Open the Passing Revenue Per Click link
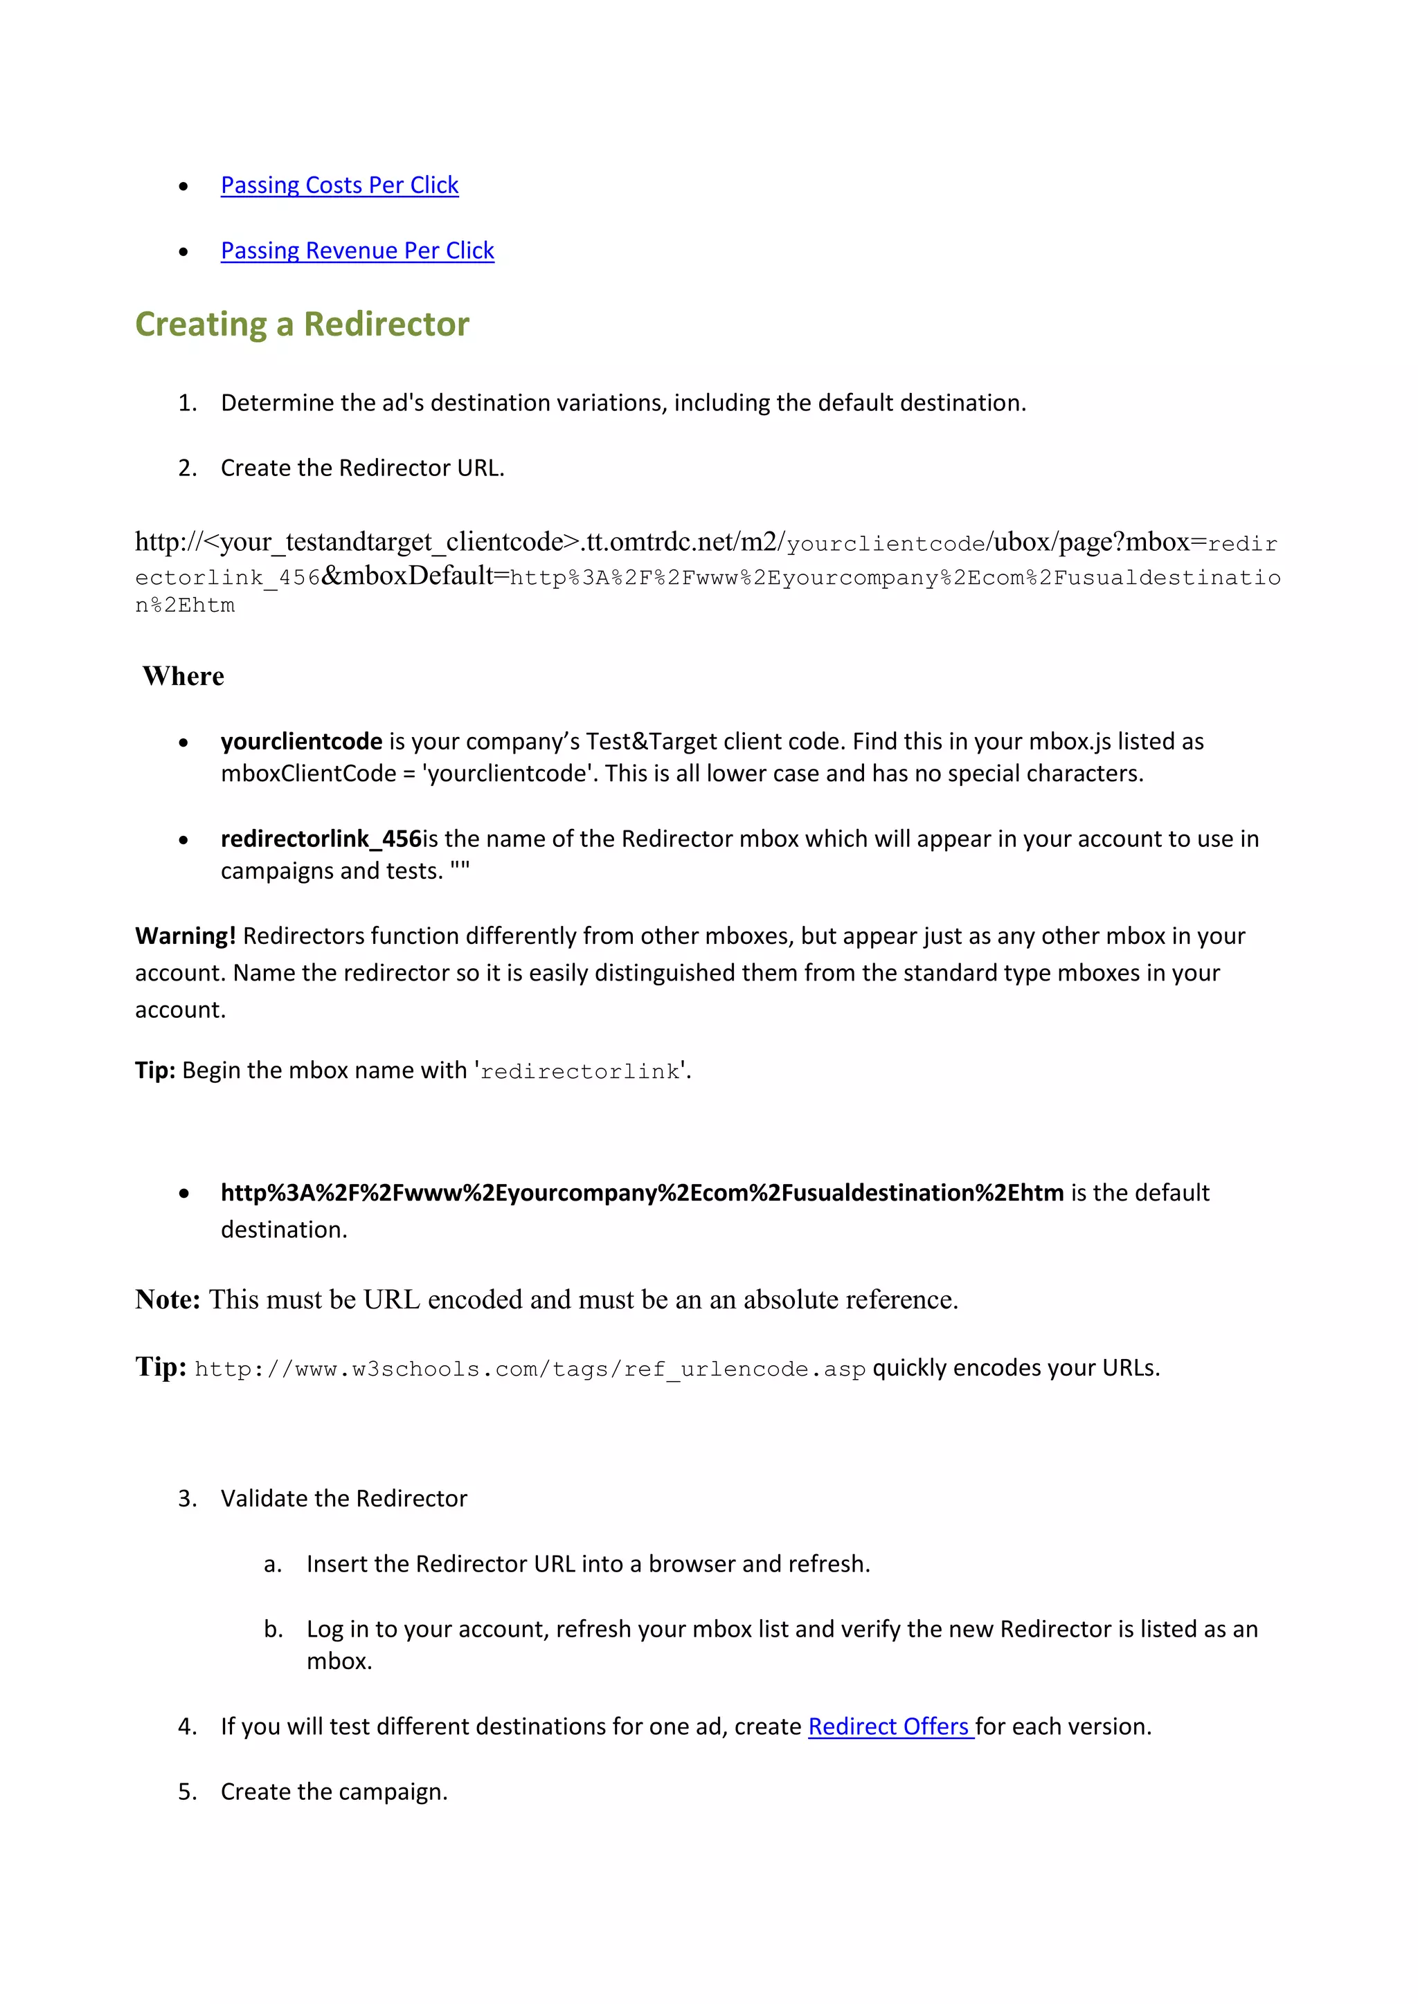(357, 250)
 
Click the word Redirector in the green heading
(386, 324)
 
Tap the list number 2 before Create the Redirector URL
(187, 468)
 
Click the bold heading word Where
(183, 677)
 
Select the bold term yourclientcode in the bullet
(301, 742)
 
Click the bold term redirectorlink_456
(321, 839)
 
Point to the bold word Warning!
(185, 936)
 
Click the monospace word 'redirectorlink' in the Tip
(580, 1072)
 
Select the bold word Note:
(168, 1300)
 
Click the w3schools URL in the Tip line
(529, 1369)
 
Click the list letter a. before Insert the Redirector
(272, 1564)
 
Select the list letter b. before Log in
(273, 1630)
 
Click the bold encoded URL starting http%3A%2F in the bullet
(642, 1193)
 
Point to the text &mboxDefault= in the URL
(415, 576)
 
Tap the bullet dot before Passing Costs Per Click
(183, 186)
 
